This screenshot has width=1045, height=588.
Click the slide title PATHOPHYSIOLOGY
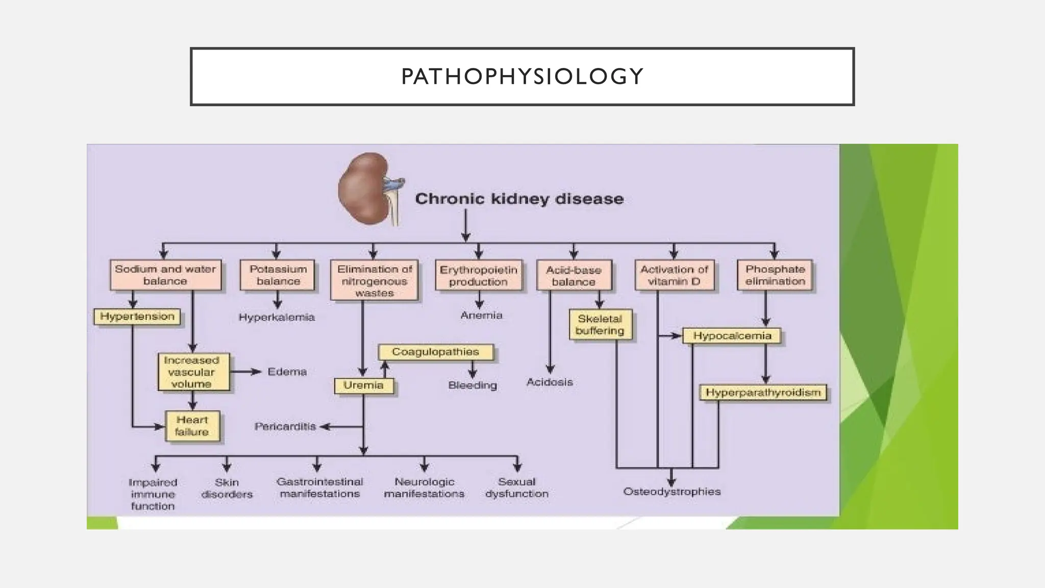(x=522, y=77)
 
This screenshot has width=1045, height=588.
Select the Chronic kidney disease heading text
(x=519, y=199)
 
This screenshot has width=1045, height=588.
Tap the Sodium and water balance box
(x=165, y=275)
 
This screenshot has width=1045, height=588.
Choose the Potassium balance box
(x=278, y=275)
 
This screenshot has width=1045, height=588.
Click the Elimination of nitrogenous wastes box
(x=375, y=281)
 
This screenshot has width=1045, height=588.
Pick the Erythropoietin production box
(x=478, y=276)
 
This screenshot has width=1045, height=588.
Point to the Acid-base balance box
(x=574, y=276)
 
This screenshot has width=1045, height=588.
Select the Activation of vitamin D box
(x=674, y=275)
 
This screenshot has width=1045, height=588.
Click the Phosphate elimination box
(x=775, y=275)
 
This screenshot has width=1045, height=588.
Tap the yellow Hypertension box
(x=137, y=316)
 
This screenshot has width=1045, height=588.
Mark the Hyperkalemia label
(x=277, y=317)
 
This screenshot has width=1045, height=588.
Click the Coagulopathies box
(x=435, y=352)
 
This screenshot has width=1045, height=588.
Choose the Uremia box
(x=363, y=385)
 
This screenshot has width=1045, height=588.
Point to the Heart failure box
(x=192, y=426)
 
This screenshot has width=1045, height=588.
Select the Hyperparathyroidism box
(x=763, y=393)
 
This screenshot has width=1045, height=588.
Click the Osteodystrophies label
(x=671, y=492)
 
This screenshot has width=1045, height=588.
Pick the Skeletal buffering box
(x=600, y=325)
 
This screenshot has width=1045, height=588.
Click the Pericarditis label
(x=285, y=426)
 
